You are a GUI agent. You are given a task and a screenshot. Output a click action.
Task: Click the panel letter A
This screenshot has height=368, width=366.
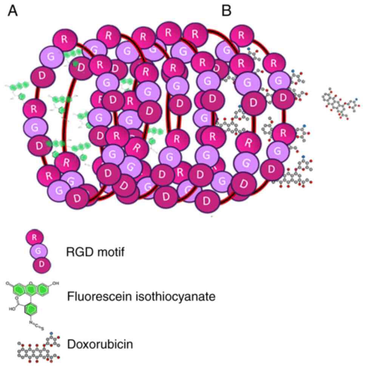pyautogui.click(x=12, y=11)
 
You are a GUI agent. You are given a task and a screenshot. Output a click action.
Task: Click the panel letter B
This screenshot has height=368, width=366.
pyautogui.click(x=226, y=11)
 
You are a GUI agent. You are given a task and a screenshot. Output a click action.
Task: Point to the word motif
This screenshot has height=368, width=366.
pyautogui.click(x=110, y=251)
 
